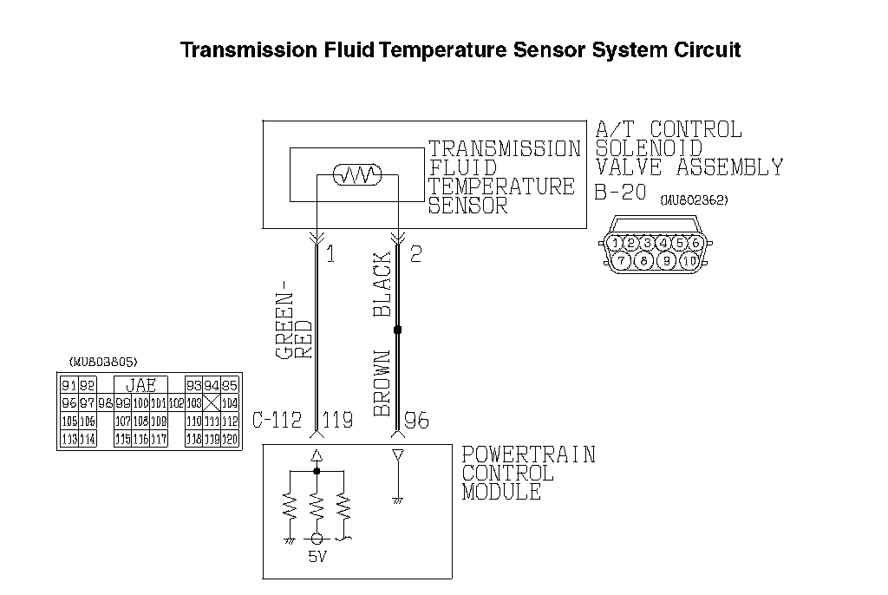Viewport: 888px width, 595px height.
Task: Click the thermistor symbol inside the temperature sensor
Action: (356, 176)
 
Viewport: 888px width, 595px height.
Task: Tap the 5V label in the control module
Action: (317, 557)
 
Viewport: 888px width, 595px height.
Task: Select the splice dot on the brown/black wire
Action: (397, 330)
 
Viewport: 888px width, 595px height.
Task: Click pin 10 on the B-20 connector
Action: (690, 260)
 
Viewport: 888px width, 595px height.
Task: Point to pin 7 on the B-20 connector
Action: (622, 260)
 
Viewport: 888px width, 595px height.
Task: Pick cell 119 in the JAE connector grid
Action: (212, 440)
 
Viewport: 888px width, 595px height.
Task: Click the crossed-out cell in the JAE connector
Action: (211, 403)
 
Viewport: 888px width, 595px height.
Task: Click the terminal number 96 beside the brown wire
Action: (416, 422)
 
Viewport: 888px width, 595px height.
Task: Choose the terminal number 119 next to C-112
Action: (337, 422)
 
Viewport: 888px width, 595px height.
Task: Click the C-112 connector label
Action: (277, 422)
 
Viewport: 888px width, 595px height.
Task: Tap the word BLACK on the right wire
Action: (382, 285)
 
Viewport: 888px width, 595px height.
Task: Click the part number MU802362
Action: (694, 200)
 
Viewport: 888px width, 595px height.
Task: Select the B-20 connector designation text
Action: (621, 193)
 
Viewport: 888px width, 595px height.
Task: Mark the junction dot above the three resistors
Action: (317, 471)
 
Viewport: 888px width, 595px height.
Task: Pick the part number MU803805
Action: (102, 361)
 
